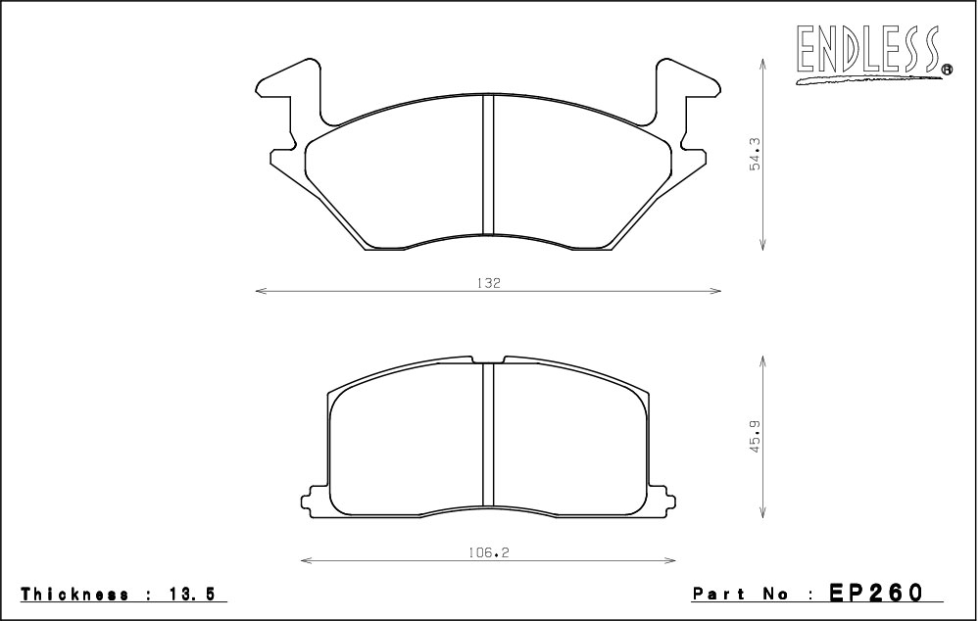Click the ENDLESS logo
(874, 54)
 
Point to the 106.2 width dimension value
(487, 552)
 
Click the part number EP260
(875, 593)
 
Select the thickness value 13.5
(190, 595)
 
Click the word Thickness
(75, 595)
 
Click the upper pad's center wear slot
(488, 165)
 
